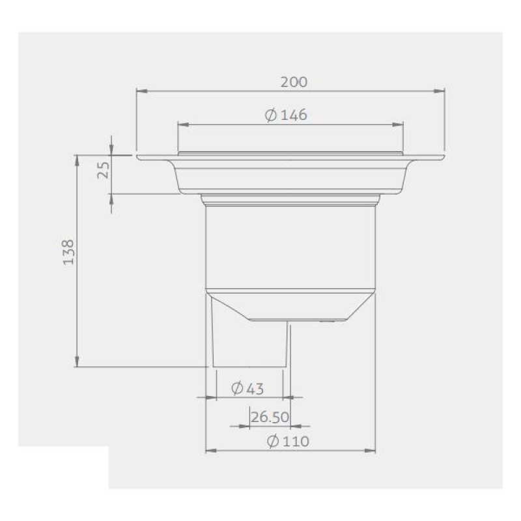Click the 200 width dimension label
click(x=294, y=82)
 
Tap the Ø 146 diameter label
click(x=286, y=115)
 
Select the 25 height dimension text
click(x=104, y=170)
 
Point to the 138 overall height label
click(x=69, y=252)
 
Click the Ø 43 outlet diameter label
click(x=247, y=388)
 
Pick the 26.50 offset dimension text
click(x=270, y=417)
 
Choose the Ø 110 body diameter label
click(x=288, y=442)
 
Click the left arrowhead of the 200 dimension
click(x=142, y=91)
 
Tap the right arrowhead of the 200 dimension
click(x=439, y=91)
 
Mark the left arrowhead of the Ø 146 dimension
click(x=184, y=124)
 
